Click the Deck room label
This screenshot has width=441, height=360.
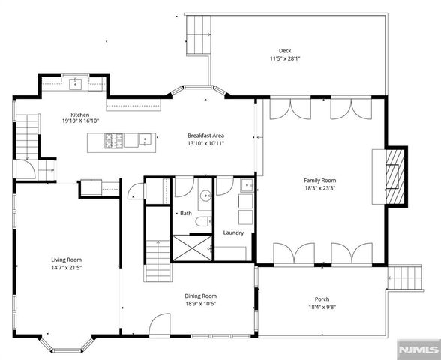point(285,51)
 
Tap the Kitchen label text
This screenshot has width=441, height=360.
point(79,115)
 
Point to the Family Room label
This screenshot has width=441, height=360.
point(320,181)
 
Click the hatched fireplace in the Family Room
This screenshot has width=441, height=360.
point(395,177)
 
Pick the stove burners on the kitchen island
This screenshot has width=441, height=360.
point(114,140)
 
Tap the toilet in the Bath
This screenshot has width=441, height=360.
point(204,221)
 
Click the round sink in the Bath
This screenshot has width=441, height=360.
point(207,195)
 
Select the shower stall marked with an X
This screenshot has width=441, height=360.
point(192,248)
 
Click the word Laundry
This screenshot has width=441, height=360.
point(233,232)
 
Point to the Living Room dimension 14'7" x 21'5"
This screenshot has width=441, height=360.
point(66,268)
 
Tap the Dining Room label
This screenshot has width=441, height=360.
point(200,295)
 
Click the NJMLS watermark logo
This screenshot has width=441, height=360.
point(419,349)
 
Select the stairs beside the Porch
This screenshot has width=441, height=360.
point(405,277)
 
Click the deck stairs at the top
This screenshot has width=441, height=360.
point(198,34)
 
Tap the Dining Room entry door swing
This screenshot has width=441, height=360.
point(160,324)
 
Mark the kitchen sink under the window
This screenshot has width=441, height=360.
point(75,84)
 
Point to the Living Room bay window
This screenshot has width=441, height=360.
point(67,344)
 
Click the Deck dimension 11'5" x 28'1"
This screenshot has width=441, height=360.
point(285,58)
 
